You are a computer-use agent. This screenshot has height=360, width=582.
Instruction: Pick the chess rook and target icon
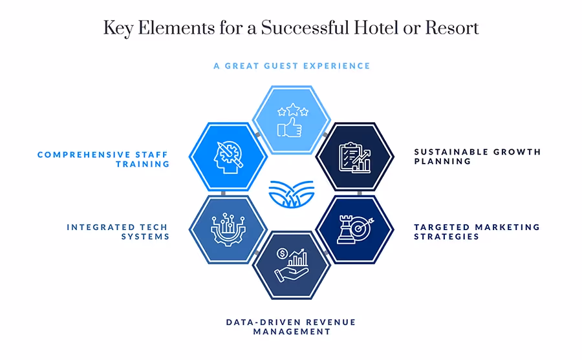tap(354, 229)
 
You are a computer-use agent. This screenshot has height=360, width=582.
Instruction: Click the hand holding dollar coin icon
tap(291, 265)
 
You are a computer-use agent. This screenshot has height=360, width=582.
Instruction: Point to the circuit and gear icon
tap(228, 229)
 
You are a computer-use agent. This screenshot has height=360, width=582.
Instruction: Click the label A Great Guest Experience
tap(291, 66)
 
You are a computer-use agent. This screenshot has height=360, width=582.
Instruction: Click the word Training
tap(142, 164)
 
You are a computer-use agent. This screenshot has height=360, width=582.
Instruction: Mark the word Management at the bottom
tap(291, 332)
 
